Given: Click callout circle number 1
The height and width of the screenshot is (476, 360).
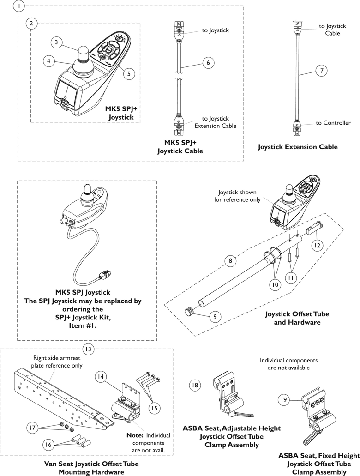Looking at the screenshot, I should [18, 6].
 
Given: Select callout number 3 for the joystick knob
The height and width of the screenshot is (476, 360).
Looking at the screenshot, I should [56, 42].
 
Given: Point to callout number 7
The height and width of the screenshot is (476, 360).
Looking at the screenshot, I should [321, 71].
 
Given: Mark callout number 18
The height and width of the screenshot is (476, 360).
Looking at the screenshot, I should [195, 385].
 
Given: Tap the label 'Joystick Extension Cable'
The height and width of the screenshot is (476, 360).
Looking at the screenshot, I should [298, 147].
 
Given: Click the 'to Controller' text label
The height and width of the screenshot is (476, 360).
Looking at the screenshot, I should [333, 123].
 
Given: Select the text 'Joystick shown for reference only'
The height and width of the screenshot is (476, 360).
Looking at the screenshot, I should [237, 196].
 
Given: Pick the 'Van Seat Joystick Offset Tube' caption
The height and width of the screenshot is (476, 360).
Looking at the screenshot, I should [91, 464].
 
